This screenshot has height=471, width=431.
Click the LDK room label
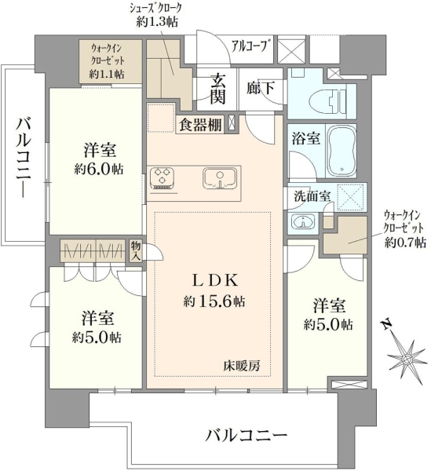click(215, 280)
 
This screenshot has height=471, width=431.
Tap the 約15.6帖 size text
click(214, 301)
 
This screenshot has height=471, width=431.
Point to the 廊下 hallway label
click(260, 88)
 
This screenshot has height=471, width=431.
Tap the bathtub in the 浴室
click(342, 152)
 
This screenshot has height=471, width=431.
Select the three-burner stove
click(163, 178)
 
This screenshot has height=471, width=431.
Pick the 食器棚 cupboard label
click(201, 126)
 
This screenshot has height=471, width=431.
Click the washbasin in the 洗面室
click(303, 223)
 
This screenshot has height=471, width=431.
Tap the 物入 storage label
click(136, 250)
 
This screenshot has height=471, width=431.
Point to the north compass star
click(407, 359)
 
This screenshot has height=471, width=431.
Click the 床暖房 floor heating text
click(242, 366)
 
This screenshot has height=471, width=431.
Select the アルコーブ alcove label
click(250, 46)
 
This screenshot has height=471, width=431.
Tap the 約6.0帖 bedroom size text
click(99, 170)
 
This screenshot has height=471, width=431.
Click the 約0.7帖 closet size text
click(405, 242)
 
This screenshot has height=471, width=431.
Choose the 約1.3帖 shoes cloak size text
click(156, 22)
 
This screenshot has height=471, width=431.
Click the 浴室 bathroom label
click(306, 139)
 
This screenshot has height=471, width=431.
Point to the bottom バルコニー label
click(247, 435)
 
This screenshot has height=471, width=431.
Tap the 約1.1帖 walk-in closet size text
click(107, 74)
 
